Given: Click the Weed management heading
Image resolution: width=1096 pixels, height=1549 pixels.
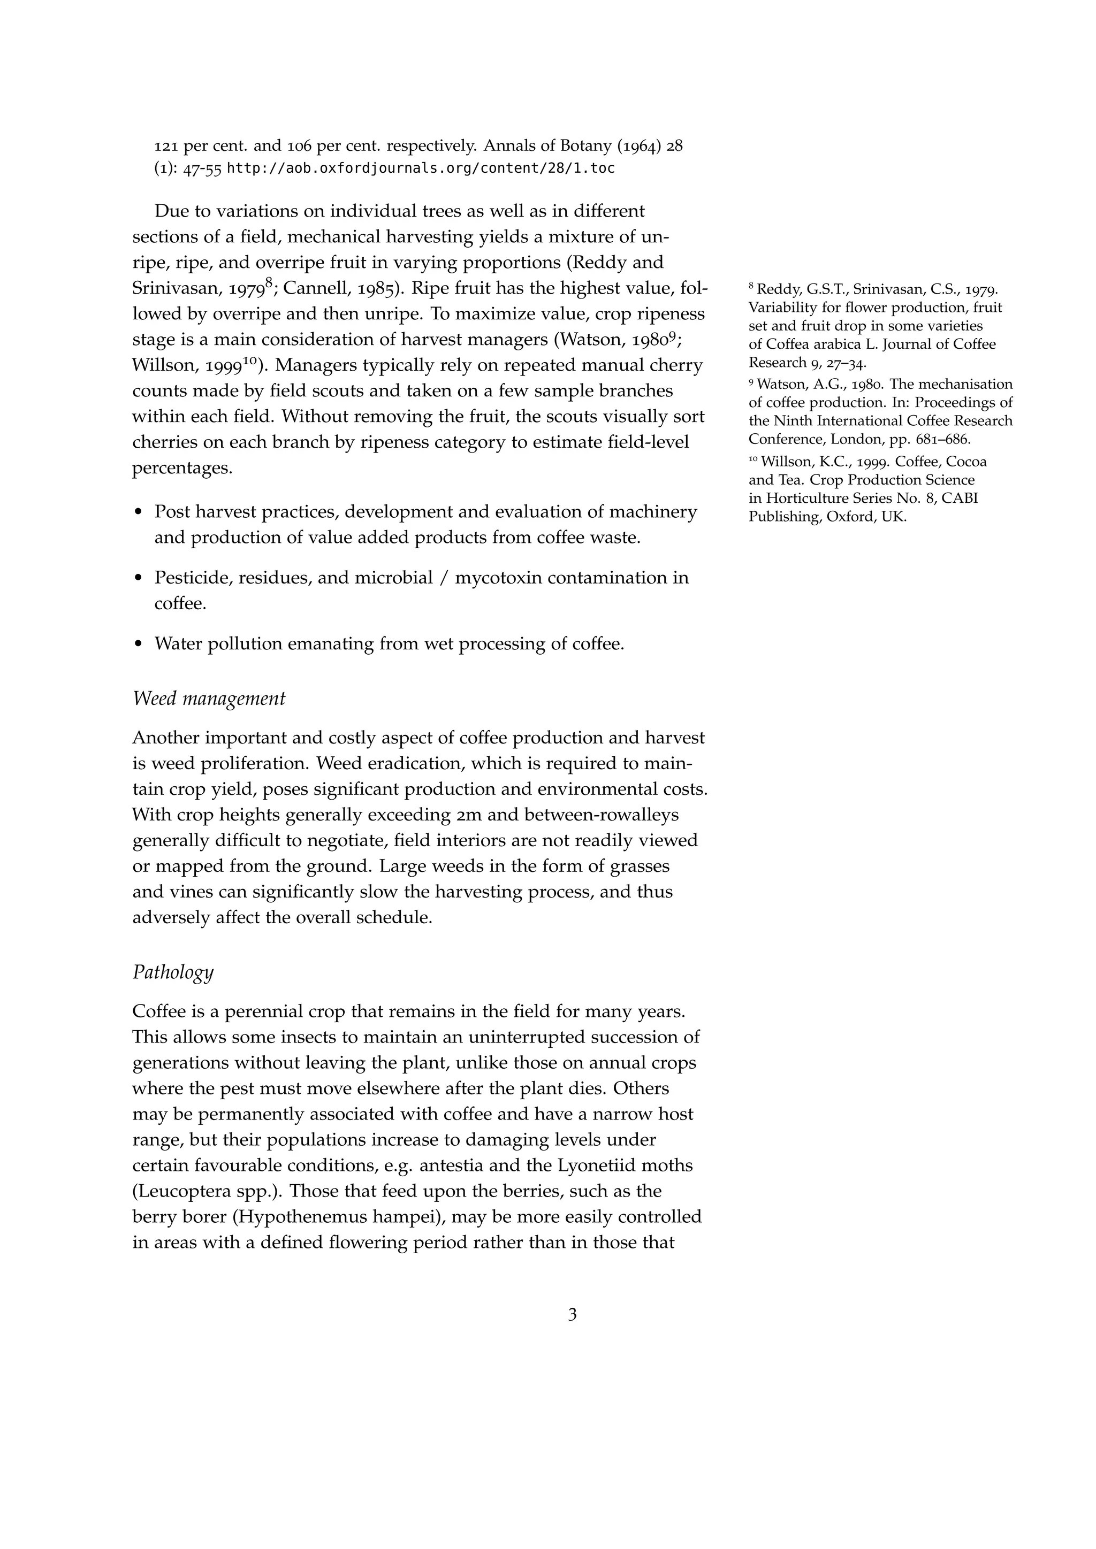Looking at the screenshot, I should tap(209, 699).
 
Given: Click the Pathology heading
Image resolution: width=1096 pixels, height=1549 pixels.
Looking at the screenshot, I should tap(173, 972).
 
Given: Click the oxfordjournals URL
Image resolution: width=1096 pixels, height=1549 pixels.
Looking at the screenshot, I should tap(421, 168).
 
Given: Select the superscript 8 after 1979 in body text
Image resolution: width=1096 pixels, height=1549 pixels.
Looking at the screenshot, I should tap(269, 284).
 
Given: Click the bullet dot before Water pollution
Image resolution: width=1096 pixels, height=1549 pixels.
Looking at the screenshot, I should tap(139, 645).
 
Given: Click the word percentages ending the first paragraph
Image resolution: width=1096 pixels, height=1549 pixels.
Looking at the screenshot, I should tap(181, 467).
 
